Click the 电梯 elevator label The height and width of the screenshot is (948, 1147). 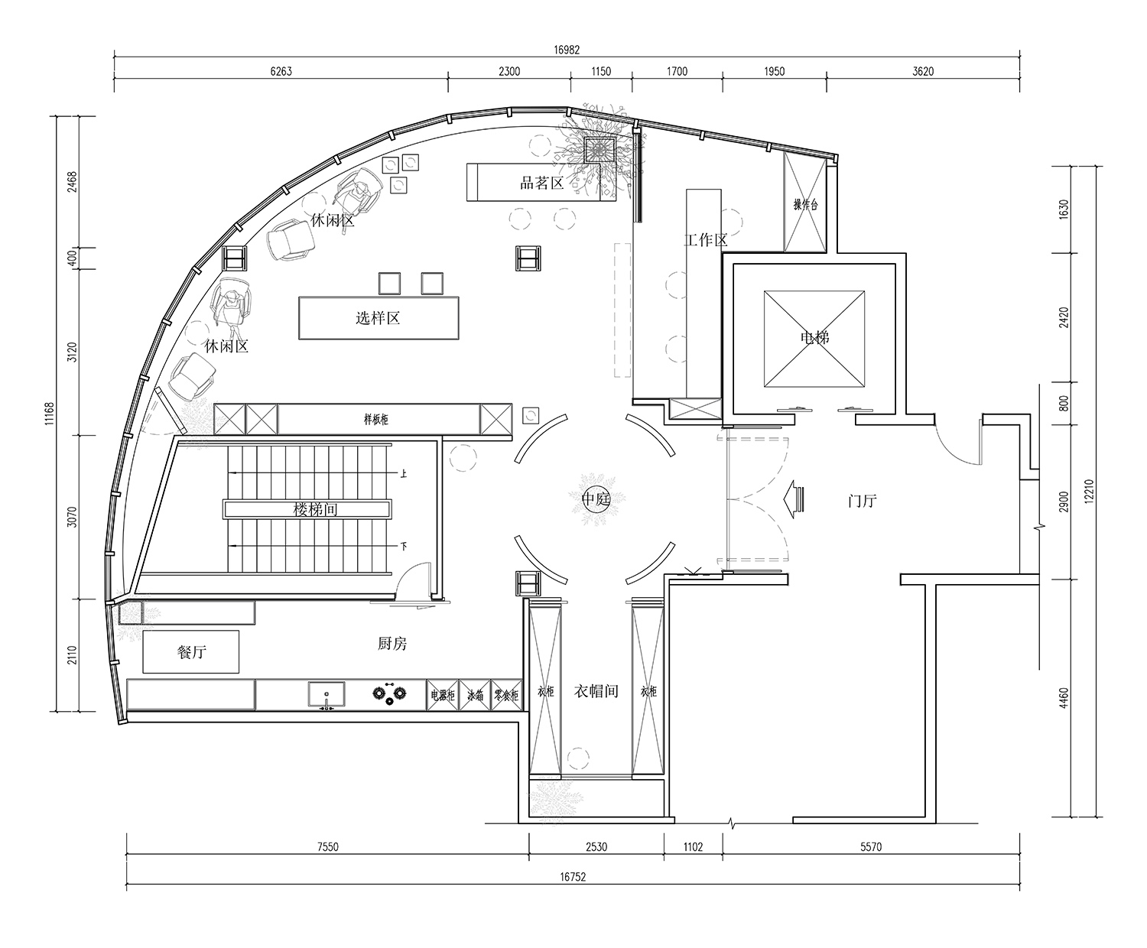point(815,336)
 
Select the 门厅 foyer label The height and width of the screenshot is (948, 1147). point(863,501)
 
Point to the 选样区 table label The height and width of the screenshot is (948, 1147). point(378,317)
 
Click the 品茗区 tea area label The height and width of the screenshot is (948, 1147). point(541,183)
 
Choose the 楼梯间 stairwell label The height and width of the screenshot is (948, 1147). point(316,508)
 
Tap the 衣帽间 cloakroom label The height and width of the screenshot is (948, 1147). point(596,691)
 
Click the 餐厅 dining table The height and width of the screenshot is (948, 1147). point(191,651)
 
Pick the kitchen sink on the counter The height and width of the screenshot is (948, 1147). point(327,695)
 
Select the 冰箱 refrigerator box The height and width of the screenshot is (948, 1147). point(475,696)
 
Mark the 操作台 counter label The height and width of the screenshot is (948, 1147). point(806,204)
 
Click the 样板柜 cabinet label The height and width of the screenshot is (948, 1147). point(376,419)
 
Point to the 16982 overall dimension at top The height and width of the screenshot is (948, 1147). point(567,50)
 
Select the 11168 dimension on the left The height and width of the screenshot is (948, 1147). point(50,413)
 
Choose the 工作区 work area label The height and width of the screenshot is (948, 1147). point(705,240)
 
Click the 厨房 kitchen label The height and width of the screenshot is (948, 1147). point(392,644)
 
